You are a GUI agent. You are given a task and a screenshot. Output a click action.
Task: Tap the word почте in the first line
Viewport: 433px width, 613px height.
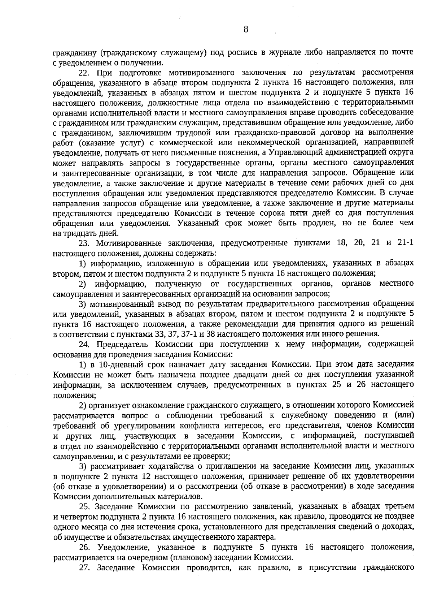[x=401, y=52]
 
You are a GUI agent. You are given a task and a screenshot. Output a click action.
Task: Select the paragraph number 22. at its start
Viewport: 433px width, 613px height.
[x=84, y=73]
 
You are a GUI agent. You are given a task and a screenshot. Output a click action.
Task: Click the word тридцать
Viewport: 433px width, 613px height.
[x=75, y=233]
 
